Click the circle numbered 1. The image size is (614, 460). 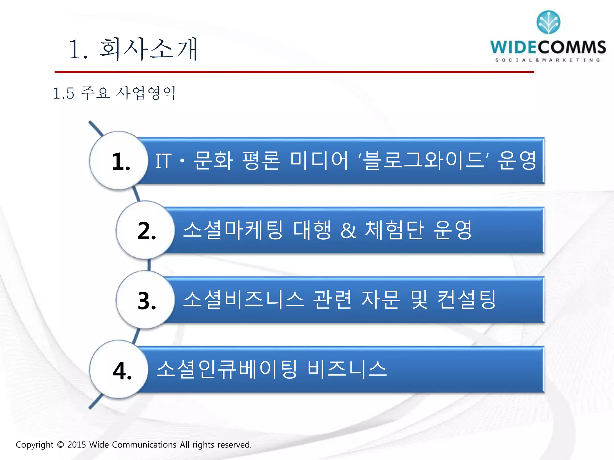[x=119, y=161]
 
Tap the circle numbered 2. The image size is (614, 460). [x=145, y=230]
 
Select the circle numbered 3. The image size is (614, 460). [x=145, y=300]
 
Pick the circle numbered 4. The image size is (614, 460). [x=119, y=370]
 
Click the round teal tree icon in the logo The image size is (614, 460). [x=548, y=22]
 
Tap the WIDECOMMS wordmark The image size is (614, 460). [x=548, y=47]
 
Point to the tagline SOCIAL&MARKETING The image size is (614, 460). [x=547, y=60]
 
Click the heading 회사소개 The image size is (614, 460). [x=148, y=49]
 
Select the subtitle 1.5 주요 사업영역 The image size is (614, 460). [x=114, y=93]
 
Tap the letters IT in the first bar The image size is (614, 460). [x=164, y=161]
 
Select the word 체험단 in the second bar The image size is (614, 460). [x=395, y=230]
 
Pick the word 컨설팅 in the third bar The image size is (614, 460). [x=466, y=299]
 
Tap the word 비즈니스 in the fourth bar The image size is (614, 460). [x=347, y=369]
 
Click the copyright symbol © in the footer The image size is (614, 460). [x=60, y=445]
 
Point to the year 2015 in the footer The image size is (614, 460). [x=77, y=445]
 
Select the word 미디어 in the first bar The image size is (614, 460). [x=320, y=161]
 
